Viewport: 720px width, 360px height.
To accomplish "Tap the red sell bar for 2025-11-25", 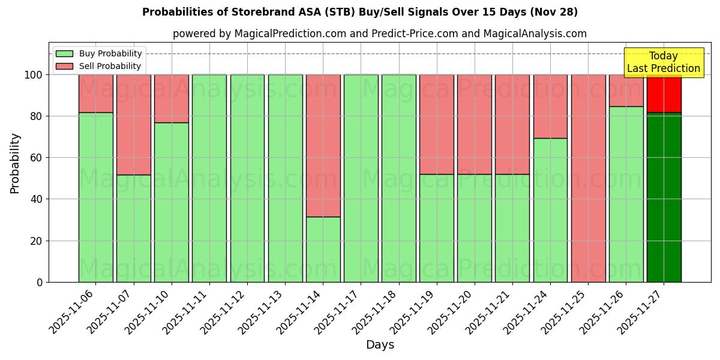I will click(x=588, y=178).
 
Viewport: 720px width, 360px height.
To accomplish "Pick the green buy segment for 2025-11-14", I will click(x=323, y=249).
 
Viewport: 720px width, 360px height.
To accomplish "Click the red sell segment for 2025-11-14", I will click(x=323, y=145).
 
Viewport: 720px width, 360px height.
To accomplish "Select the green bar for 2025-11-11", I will click(x=209, y=178).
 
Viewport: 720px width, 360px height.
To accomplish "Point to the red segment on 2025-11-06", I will click(x=95, y=93).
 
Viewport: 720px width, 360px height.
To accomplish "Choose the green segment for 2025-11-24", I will click(x=550, y=210).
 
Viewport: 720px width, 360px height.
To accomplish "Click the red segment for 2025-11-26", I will click(x=626, y=91).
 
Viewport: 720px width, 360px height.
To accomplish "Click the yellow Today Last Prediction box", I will click(x=663, y=62).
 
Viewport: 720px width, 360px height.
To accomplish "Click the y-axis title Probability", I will click(x=15, y=163).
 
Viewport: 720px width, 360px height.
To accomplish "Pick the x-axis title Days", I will click(x=380, y=345).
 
